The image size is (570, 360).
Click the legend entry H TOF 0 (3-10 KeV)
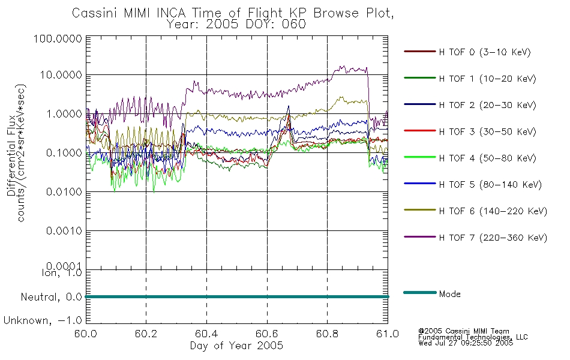tap(485, 52)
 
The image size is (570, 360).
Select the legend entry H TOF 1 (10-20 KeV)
tap(487, 79)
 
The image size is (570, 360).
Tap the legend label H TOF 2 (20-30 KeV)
tap(487, 106)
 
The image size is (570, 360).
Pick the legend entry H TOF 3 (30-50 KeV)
tap(487, 132)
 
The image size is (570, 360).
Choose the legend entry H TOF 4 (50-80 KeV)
tap(487, 158)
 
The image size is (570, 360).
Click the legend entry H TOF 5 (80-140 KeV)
tap(490, 185)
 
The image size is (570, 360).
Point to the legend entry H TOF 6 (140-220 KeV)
tap(493, 212)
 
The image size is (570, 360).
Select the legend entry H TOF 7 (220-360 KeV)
tap(493, 238)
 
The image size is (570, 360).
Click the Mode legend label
tap(449, 294)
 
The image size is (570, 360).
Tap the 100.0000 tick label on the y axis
tap(58, 38)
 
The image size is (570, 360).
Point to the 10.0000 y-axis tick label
tap(61, 75)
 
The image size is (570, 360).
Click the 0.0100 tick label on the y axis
tap(64, 192)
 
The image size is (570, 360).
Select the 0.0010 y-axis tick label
tap(64, 231)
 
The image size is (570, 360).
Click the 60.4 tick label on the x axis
tap(206, 334)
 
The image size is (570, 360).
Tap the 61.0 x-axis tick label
tap(388, 334)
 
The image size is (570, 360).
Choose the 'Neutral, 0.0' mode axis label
tap(51, 298)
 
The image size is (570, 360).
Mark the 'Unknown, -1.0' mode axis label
tap(43, 321)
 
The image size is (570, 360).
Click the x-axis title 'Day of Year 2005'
tap(236, 346)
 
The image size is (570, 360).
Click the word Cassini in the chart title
tap(94, 13)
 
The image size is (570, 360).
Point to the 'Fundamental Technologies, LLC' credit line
tap(473, 337)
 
